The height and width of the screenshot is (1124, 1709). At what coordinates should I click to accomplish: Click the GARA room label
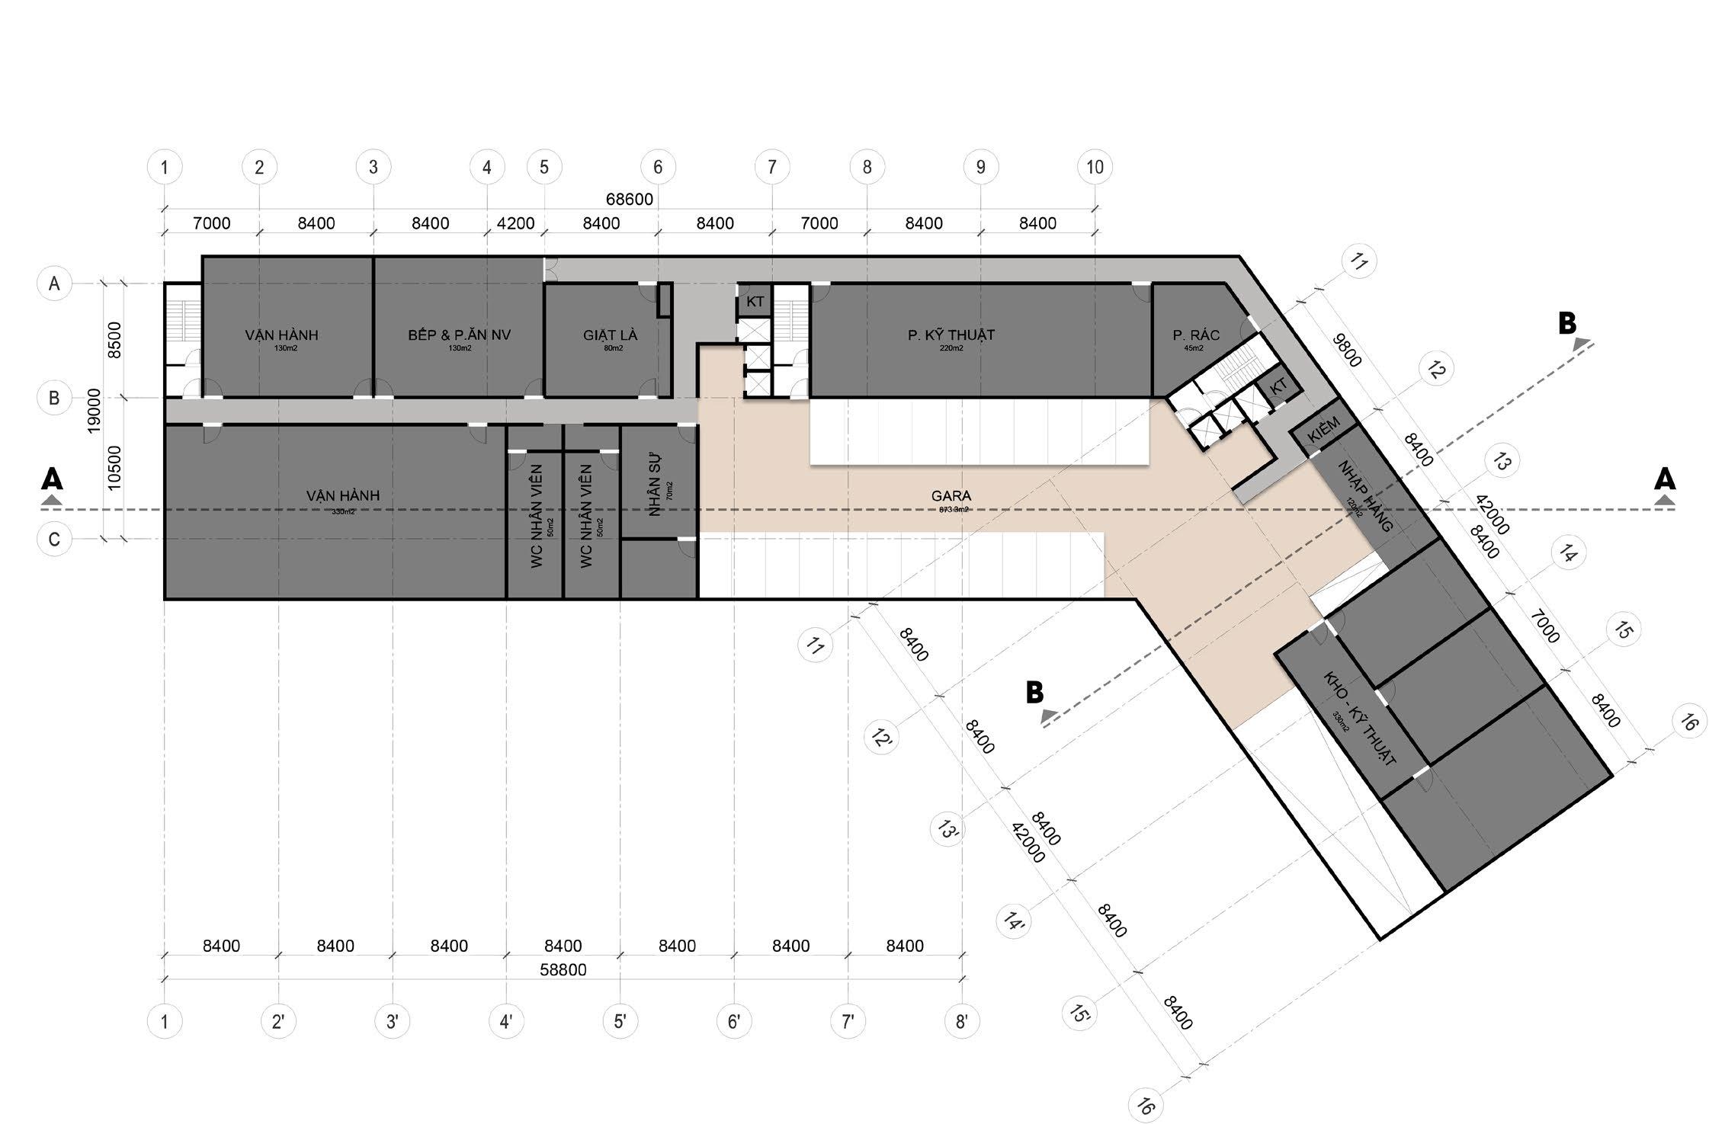coord(951,496)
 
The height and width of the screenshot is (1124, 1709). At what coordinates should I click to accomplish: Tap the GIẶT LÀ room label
coord(610,335)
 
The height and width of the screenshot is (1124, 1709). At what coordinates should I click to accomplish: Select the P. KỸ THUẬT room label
coord(951,335)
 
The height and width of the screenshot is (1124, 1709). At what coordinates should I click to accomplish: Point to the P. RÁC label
coord(1196,335)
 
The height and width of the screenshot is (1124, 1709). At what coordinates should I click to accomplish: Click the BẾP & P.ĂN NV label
coord(459,335)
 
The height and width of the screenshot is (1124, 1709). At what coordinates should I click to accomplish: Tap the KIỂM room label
coord(1323,436)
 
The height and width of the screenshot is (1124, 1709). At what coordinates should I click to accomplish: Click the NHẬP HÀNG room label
coord(1365,495)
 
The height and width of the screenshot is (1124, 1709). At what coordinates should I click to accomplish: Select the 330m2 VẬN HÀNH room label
coord(342,496)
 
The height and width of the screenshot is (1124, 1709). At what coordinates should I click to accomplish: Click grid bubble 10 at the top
coord(1095,167)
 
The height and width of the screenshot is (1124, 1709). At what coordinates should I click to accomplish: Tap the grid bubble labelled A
coord(54,283)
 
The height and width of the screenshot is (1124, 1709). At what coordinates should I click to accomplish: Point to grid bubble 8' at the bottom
coord(961,1021)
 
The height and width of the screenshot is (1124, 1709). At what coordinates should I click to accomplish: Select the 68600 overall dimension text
coord(629,200)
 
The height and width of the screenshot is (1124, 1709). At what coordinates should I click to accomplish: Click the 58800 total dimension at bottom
coord(563,970)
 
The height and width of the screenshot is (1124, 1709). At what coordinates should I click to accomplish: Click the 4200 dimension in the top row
coord(515,224)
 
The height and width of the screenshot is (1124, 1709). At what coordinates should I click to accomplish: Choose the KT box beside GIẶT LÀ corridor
coord(755,302)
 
